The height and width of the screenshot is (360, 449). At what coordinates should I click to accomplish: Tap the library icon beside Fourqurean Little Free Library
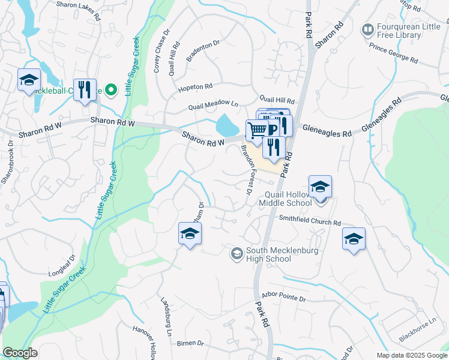pos(367,29)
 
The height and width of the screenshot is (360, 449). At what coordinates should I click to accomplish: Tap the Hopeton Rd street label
pos(195,87)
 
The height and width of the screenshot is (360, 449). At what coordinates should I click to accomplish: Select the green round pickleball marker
pos(110,90)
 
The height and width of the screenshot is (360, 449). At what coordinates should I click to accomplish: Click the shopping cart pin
pos(257,130)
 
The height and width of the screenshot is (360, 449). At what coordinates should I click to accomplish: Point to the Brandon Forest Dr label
pos(246,170)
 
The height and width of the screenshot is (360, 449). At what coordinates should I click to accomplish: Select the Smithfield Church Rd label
pos(309,220)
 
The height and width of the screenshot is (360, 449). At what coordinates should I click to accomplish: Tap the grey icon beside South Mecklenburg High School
pos(237,254)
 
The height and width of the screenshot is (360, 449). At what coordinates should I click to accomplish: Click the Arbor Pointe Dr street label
pos(284,297)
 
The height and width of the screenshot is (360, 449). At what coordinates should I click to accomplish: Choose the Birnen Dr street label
pos(191,343)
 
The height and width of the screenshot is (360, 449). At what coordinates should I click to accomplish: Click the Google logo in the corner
pos(20,353)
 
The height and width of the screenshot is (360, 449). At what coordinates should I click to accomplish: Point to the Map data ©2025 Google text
pos(411,355)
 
